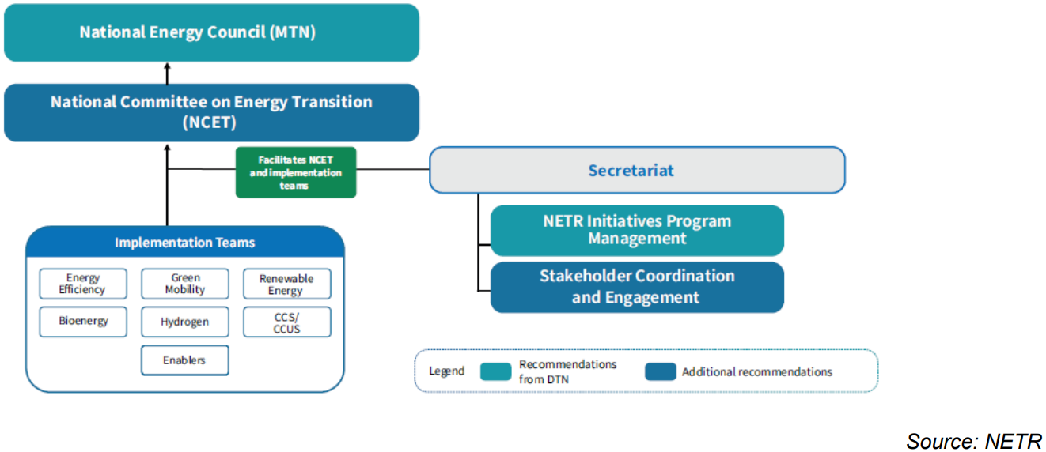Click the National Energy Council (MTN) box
[211, 32]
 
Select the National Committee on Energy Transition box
[211, 112]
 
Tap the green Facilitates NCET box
[296, 171]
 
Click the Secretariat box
[637, 170]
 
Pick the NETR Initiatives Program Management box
[637, 230]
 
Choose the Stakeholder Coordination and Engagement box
[637, 287]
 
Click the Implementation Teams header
[185, 243]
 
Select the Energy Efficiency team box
[83, 284]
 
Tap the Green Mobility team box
[185, 284]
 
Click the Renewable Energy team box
[286, 284]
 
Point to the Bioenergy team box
[83, 322]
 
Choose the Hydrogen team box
[185, 322]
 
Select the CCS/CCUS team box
[286, 322]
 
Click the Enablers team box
[185, 360]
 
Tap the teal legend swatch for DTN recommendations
[495, 371]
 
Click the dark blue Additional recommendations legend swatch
[660, 371]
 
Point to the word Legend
[446, 371]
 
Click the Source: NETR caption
[973, 441]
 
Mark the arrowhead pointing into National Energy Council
[167, 66]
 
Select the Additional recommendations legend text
[757, 371]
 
